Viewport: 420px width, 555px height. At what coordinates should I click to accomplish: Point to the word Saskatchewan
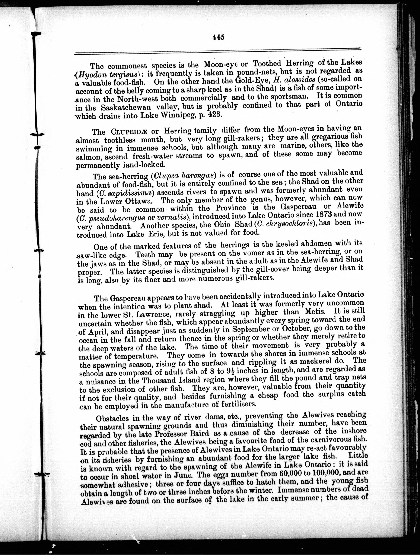pos(126,107)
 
